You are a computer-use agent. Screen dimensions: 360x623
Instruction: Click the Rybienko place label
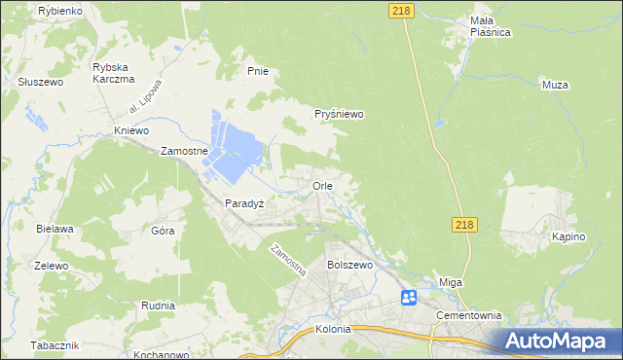(x=59, y=10)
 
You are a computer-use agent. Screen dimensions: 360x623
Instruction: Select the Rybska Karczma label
(x=113, y=73)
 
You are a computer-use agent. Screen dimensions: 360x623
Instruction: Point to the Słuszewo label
(x=40, y=83)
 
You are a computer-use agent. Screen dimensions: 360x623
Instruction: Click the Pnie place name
(x=257, y=71)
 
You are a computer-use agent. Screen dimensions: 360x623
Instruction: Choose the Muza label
(x=555, y=85)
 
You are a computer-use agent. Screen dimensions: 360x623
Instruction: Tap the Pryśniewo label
(x=339, y=114)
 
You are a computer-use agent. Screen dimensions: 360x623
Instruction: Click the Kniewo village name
(x=130, y=130)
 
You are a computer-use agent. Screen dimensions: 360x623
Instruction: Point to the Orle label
(x=323, y=185)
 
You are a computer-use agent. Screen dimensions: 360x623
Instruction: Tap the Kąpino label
(x=568, y=237)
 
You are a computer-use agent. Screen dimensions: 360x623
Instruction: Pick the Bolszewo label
(x=350, y=265)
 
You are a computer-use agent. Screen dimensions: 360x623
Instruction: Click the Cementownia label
(x=468, y=315)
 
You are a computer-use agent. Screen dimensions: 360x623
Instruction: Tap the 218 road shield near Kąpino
(x=464, y=225)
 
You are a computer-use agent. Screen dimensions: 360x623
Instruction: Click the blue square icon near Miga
(x=409, y=297)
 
